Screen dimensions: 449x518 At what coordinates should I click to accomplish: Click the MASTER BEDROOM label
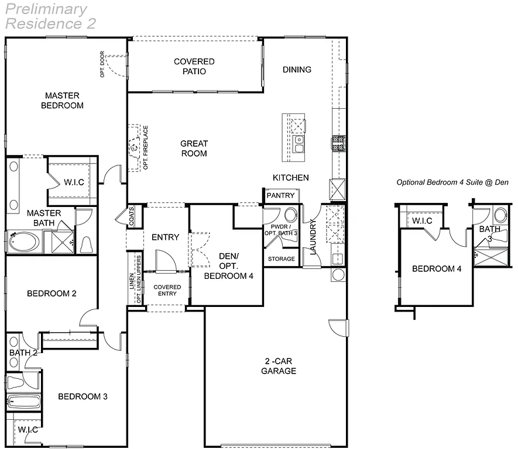click(62, 101)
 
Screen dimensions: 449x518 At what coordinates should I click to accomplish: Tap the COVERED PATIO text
click(194, 67)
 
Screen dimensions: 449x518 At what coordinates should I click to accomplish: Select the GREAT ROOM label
click(194, 148)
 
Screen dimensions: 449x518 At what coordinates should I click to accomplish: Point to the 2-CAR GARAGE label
click(279, 366)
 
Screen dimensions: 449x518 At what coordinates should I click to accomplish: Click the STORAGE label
click(282, 258)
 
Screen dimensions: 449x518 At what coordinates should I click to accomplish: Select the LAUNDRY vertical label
click(313, 237)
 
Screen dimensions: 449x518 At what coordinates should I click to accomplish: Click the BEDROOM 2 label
click(52, 293)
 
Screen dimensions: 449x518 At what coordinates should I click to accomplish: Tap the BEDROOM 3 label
click(83, 396)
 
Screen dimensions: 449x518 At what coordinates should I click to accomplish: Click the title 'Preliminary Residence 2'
click(50, 16)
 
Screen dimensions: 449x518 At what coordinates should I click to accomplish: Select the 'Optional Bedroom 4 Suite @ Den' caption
click(452, 182)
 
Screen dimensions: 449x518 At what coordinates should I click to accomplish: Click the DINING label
click(297, 70)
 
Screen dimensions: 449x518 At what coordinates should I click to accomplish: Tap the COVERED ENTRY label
click(167, 290)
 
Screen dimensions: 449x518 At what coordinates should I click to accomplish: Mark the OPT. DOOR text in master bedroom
click(102, 64)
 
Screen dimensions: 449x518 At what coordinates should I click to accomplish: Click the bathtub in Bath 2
click(23, 402)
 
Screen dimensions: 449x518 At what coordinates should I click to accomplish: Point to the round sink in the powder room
click(291, 214)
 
